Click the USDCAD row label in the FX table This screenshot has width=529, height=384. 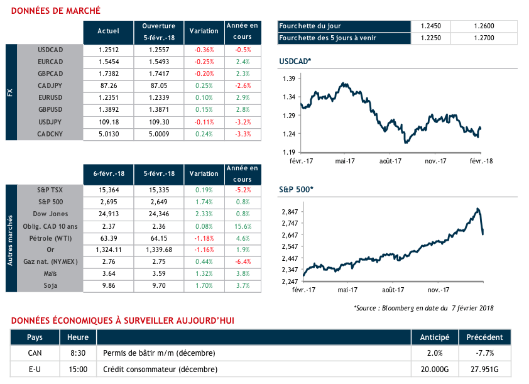51,50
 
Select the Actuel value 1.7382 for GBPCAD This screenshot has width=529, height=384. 108,74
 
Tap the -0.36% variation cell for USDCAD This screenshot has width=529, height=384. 204,50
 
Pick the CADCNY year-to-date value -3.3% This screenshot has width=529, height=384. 243,134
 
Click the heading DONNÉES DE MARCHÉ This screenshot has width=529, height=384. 55,11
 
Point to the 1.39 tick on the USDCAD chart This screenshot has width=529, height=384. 289,79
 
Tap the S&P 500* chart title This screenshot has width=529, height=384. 296,189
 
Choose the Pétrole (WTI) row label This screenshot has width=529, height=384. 51,239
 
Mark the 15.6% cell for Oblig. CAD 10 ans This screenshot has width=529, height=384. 243,227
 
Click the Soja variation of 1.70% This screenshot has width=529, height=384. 204,285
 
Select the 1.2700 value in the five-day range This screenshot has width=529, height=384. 484,38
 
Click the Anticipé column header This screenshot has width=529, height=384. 434,337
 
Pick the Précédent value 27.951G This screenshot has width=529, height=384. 485,368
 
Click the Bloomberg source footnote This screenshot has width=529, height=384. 424,307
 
